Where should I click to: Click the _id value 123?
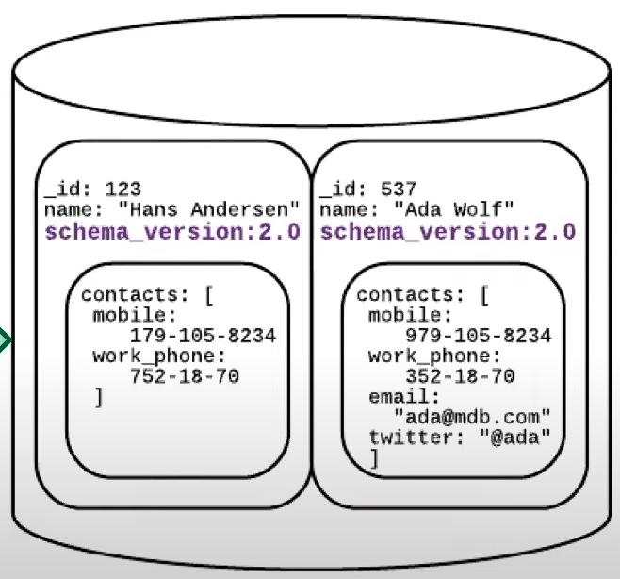122,190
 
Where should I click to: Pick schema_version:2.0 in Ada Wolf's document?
448,232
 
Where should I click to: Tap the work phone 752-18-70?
183,376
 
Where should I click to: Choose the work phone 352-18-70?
459,376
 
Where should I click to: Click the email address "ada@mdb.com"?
472,417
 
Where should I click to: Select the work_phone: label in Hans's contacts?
159,356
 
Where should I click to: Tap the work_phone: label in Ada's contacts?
434,356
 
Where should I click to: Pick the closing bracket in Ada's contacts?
373,458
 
